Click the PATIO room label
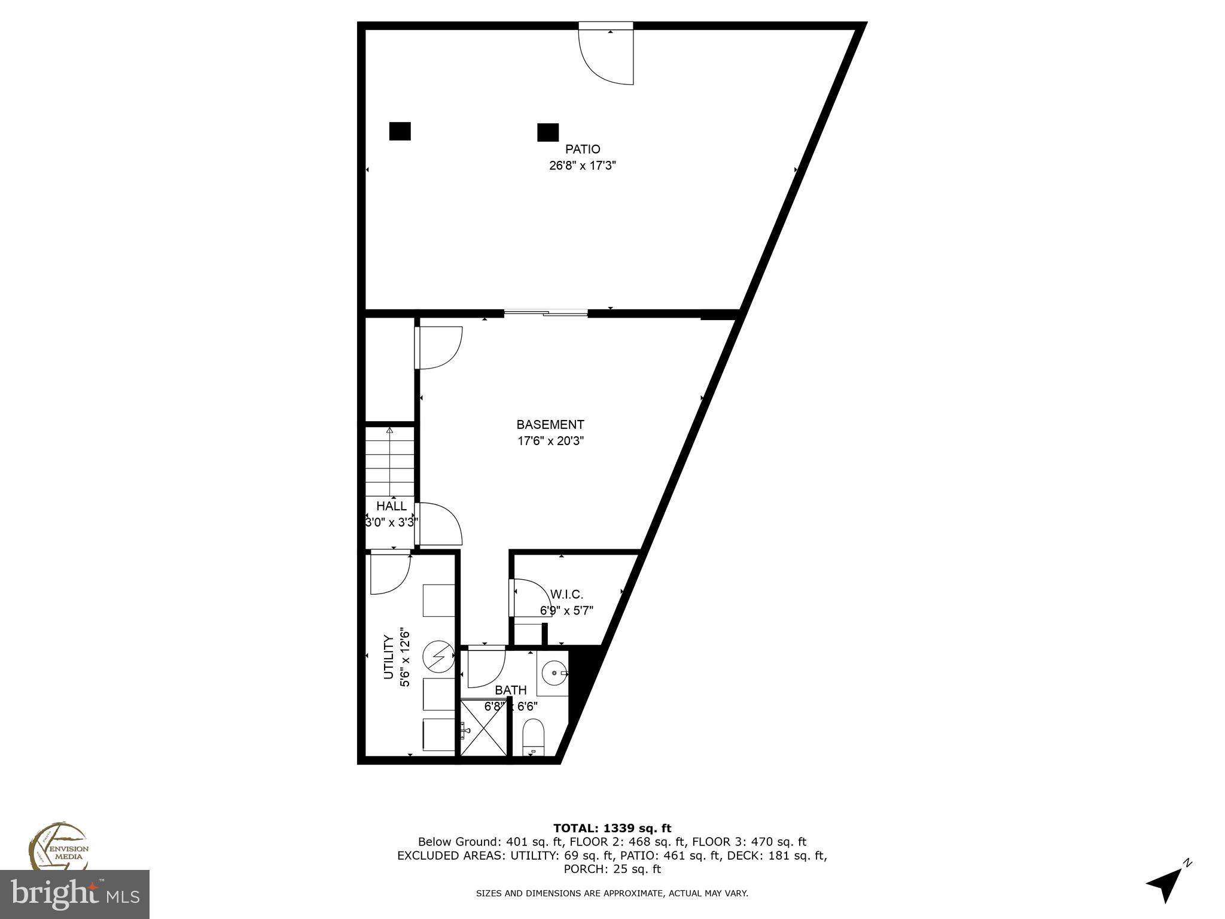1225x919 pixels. [583, 149]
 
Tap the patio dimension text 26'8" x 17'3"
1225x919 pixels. [583, 166]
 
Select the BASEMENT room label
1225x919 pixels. [550, 425]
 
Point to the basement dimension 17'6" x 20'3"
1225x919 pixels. [550, 442]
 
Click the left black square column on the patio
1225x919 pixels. [400, 131]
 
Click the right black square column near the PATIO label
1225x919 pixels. [548, 132]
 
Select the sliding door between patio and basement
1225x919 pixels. [546, 312]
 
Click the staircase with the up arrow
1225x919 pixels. [390, 461]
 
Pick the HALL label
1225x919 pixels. [391, 506]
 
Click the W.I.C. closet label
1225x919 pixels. [566, 594]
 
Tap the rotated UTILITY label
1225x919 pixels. [388, 658]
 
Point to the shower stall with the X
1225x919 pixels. [483, 729]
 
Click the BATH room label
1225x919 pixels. [511, 690]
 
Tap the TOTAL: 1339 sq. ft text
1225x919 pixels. [612, 829]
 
